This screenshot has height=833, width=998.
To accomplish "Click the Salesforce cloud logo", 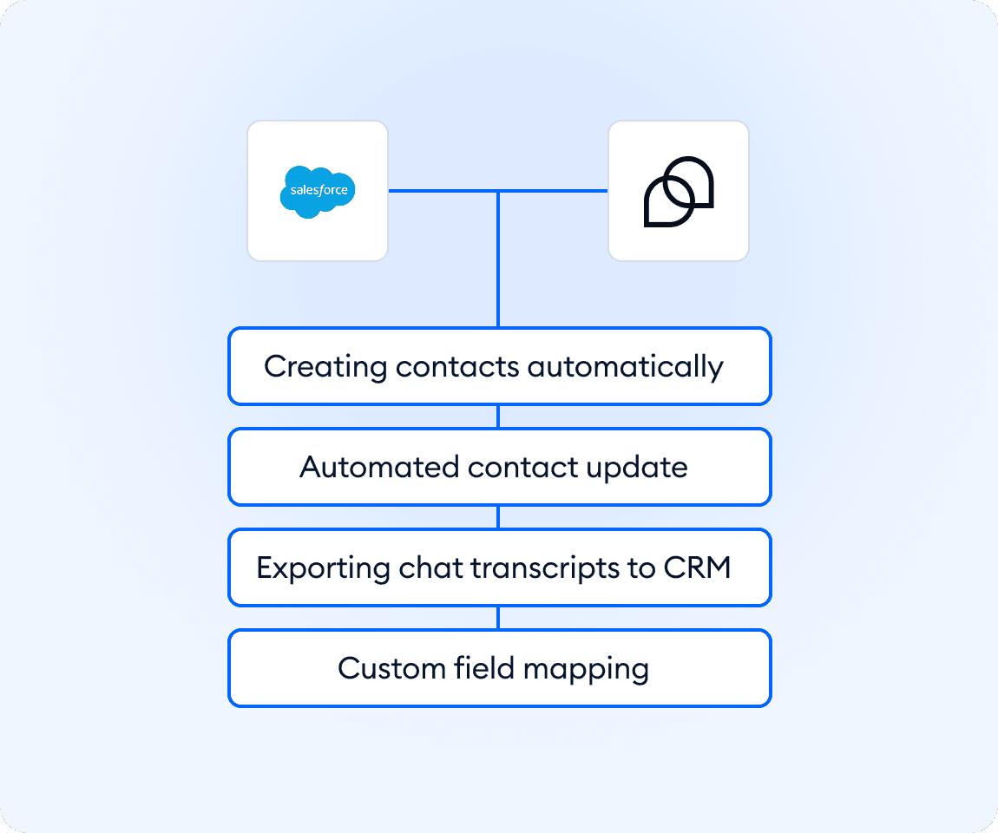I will [x=318, y=191].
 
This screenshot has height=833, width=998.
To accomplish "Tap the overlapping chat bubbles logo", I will [x=678, y=192].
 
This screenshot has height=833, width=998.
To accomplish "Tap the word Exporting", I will [x=323, y=568].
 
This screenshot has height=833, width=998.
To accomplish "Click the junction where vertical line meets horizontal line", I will [x=498, y=191].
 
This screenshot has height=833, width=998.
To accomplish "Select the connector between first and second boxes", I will [x=498, y=416].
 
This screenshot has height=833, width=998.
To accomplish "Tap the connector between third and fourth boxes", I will [x=498, y=618].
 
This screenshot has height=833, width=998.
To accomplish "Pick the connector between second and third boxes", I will [x=498, y=517].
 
